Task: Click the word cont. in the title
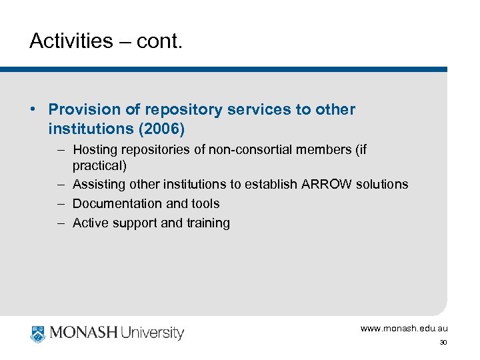click(159, 41)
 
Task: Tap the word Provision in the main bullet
click(83, 109)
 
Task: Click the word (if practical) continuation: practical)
click(99, 164)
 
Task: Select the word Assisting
click(99, 184)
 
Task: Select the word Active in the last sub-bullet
click(90, 223)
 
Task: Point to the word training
click(207, 223)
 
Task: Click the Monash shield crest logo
click(37, 333)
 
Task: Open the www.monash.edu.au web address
click(404, 329)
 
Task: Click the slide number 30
click(443, 343)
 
